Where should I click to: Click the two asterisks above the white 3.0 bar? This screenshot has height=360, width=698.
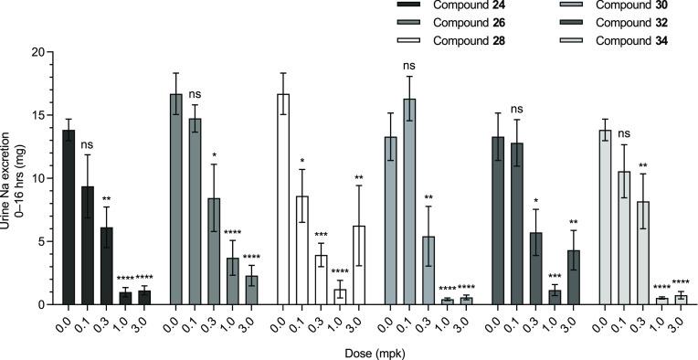pos(360,177)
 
